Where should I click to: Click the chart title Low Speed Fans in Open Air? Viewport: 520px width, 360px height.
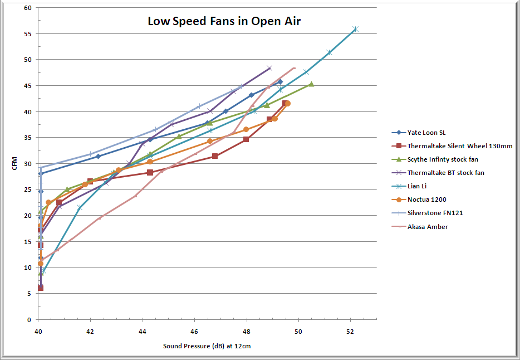tap(224, 22)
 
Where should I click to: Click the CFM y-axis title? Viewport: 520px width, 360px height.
tap(15, 164)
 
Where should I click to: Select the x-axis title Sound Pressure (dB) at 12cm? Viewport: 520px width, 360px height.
tap(207, 346)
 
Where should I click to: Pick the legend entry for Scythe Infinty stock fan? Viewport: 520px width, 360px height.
tap(443, 159)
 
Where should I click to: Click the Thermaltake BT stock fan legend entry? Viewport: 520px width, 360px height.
tap(445, 173)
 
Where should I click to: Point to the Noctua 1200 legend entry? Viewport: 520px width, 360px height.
tap(427, 200)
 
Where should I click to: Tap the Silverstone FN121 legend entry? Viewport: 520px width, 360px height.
tap(435, 213)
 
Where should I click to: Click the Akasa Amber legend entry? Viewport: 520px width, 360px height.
tap(428, 226)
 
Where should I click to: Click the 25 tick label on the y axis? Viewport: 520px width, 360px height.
tap(27, 189)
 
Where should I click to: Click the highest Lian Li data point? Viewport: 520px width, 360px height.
tap(355, 29)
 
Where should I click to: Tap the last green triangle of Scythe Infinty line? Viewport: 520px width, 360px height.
tap(311, 84)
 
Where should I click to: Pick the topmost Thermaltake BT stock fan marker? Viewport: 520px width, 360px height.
tap(269, 68)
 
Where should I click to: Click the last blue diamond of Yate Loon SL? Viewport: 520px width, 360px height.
tap(280, 82)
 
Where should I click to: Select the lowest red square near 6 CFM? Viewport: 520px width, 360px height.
tap(40, 288)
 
